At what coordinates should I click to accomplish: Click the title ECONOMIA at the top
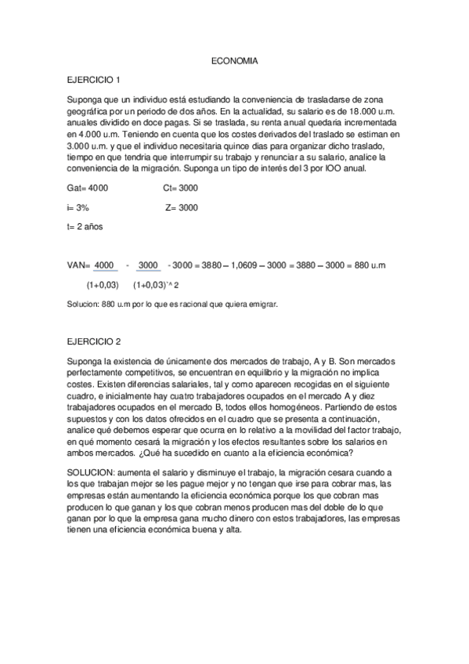234,60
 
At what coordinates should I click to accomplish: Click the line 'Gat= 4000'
88,189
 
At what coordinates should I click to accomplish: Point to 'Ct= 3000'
181,189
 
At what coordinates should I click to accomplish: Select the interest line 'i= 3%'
78,207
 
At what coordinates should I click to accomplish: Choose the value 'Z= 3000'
182,207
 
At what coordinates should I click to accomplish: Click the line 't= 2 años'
85,226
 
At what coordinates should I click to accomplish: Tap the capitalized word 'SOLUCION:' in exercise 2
91,474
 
